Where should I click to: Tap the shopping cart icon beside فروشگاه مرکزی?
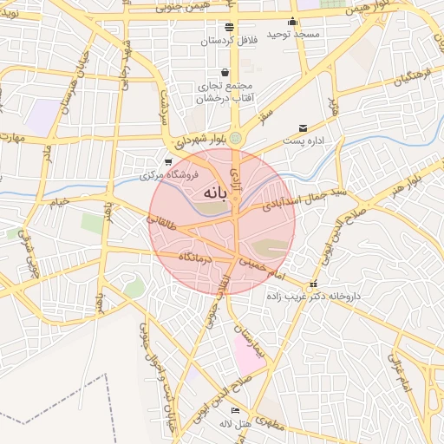click(x=168, y=161)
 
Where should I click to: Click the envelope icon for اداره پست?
click(x=303, y=127)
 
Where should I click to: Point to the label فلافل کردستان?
click(x=229, y=41)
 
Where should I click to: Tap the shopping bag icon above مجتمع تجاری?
click(x=225, y=73)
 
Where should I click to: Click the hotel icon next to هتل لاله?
click(x=235, y=410)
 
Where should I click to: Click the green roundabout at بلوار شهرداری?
click(x=235, y=137)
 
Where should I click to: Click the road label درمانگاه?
click(x=195, y=258)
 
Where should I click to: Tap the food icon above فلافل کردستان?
click(x=229, y=27)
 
